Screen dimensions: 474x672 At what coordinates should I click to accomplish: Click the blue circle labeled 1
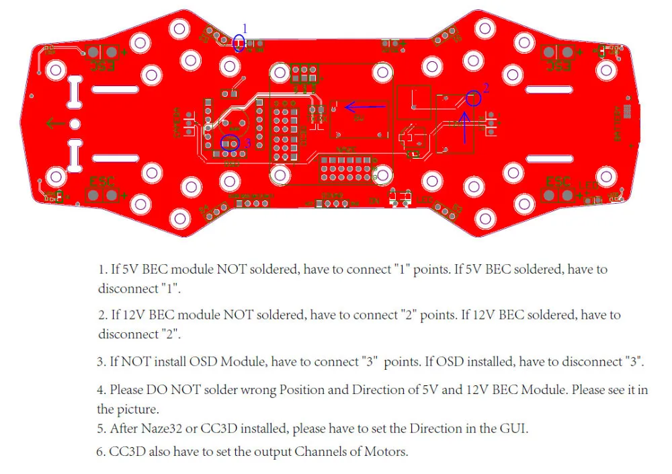(239, 44)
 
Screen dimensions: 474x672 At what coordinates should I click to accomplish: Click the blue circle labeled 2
(474, 98)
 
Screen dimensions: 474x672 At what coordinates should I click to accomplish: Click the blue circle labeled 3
(230, 143)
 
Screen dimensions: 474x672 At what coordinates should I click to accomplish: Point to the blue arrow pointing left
(366, 106)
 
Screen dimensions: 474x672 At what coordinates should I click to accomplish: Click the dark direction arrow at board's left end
(54, 123)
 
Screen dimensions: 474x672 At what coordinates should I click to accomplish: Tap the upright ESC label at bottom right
(558, 182)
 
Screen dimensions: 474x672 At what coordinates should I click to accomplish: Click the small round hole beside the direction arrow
(75, 124)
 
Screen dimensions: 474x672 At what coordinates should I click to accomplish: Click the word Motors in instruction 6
(386, 452)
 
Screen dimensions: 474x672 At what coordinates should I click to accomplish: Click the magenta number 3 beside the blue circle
(247, 143)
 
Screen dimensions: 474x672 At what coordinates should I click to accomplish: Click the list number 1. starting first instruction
(103, 270)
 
